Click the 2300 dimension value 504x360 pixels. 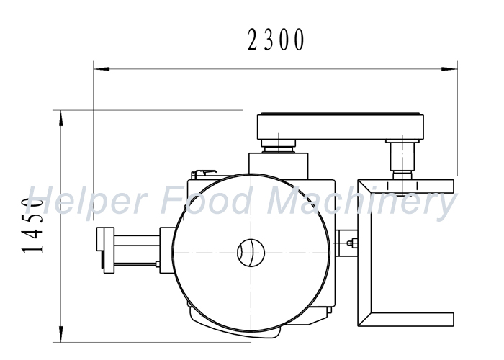pyautogui.click(x=276, y=40)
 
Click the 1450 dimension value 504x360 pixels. pyautogui.click(x=33, y=225)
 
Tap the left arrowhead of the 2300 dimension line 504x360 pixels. pyautogui.click(x=102, y=69)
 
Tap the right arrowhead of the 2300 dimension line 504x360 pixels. pyautogui.click(x=449, y=69)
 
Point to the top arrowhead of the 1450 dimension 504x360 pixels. pyautogui.click(x=60, y=118)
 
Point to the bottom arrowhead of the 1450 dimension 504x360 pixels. pyautogui.click(x=60, y=333)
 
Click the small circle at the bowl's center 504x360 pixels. pyautogui.click(x=251, y=253)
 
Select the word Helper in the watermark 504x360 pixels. pyautogui.click(x=87, y=200)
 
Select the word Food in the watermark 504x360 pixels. pyautogui.click(x=205, y=199)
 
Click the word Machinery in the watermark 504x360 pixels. pyautogui.click(x=361, y=201)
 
